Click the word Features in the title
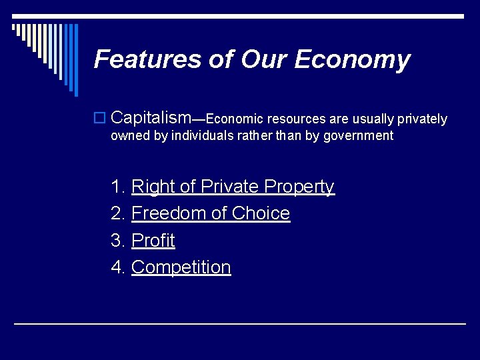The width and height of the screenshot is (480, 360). tap(148, 59)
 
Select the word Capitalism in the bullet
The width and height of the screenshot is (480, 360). tap(151, 118)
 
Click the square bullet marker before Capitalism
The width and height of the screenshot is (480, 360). tap(99, 119)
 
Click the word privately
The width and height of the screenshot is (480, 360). tap(422, 119)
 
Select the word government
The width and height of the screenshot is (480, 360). tap(359, 136)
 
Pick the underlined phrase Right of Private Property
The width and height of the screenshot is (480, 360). tap(233, 187)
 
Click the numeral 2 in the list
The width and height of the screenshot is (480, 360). tap(117, 213)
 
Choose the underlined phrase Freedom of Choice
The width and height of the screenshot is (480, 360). tap(211, 213)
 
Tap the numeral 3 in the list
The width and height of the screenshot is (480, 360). tap(117, 240)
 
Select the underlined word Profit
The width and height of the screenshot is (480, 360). tap(153, 240)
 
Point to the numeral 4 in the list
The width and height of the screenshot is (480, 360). tap(117, 267)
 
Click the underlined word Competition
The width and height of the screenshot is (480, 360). tap(181, 267)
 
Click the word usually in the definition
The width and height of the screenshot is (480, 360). tap(373, 119)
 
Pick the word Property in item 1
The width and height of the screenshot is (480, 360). tap(299, 187)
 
